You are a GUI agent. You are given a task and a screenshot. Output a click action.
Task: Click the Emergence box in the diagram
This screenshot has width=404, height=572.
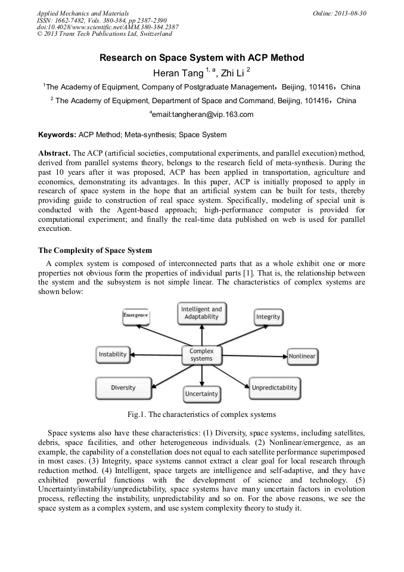click(135, 315)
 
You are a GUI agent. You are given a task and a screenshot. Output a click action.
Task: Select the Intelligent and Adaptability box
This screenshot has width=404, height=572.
click(201, 313)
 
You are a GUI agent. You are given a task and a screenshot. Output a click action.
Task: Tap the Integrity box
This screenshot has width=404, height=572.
click(268, 316)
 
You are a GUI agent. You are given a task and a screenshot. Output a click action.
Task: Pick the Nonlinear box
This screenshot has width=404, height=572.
click(302, 357)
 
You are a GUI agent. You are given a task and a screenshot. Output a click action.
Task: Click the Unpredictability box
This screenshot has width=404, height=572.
click(274, 388)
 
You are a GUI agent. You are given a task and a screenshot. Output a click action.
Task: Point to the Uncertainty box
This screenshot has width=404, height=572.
click(201, 394)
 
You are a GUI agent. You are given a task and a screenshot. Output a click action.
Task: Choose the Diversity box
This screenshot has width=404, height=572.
click(123, 388)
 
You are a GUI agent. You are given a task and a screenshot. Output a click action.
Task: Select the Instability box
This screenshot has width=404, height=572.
click(113, 354)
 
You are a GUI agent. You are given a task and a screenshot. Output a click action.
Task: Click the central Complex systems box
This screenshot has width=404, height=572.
click(201, 355)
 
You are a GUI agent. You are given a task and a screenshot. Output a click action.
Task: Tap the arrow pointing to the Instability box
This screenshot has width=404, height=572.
click(155, 355)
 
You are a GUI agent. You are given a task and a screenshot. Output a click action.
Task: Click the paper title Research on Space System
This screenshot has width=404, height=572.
click(201, 58)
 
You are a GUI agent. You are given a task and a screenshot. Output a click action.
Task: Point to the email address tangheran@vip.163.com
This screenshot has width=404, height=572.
click(203, 115)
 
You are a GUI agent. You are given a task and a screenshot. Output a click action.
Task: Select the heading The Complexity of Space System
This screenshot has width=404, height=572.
click(95, 250)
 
